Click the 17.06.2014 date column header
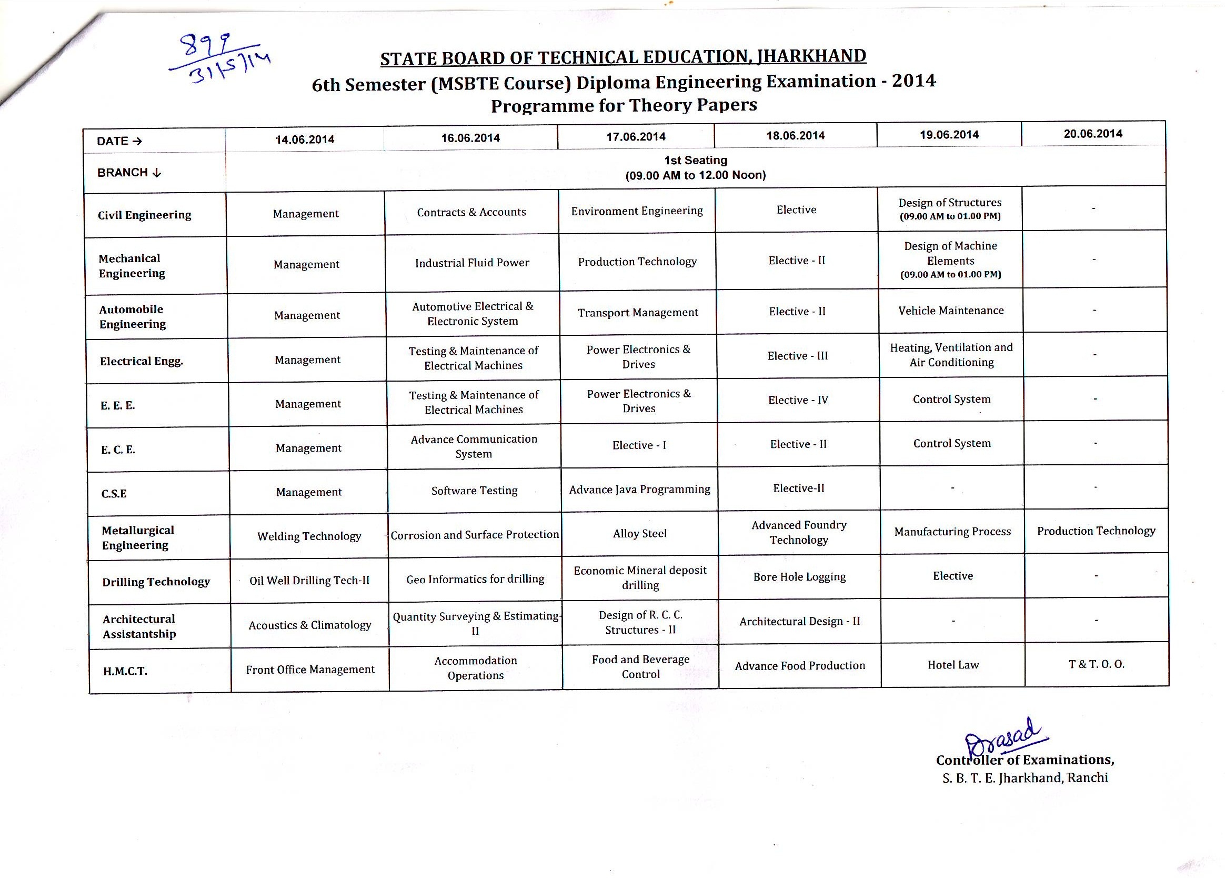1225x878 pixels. (x=636, y=137)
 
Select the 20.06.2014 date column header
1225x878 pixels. (x=1093, y=134)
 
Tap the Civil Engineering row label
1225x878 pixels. (x=144, y=215)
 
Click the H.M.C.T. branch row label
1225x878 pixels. (x=125, y=671)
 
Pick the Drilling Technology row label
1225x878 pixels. (x=156, y=581)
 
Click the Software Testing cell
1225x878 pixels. (x=474, y=491)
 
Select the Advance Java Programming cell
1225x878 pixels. (x=639, y=489)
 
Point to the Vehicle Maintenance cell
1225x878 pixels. (x=951, y=311)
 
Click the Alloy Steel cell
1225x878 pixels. (x=639, y=534)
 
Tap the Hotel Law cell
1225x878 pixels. (x=953, y=665)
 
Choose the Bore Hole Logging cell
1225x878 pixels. (x=799, y=577)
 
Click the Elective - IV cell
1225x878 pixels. (x=798, y=401)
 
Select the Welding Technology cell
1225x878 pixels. (x=309, y=536)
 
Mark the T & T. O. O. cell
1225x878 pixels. (x=1096, y=664)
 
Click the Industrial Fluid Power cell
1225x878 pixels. (x=472, y=263)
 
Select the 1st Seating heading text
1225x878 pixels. (x=696, y=161)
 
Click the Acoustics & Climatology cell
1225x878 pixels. (x=309, y=625)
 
